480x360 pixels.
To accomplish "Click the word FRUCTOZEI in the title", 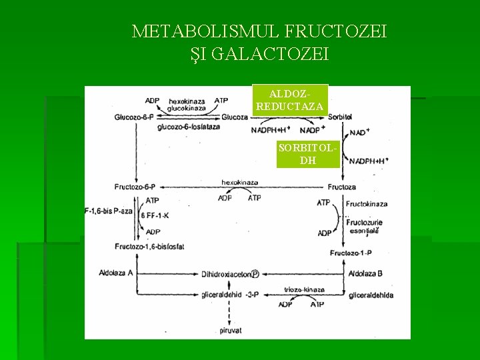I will click(335, 31).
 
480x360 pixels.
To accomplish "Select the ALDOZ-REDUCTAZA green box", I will click(290, 99).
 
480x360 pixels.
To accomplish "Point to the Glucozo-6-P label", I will click(135, 117).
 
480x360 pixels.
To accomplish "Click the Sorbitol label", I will click(340, 117).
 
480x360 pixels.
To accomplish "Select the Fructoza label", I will click(341, 187).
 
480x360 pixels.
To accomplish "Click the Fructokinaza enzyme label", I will click(367, 203).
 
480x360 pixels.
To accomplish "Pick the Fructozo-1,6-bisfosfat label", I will click(149, 247).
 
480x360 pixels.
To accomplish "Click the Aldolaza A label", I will click(116, 273).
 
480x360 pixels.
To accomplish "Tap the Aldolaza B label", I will click(365, 273).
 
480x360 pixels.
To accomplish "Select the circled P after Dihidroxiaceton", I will click(255, 273).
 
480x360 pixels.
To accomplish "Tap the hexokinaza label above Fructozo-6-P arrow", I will click(239, 181).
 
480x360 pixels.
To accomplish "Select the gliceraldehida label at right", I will click(371, 295).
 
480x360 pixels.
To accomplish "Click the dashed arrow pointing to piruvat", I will click(229, 312).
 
